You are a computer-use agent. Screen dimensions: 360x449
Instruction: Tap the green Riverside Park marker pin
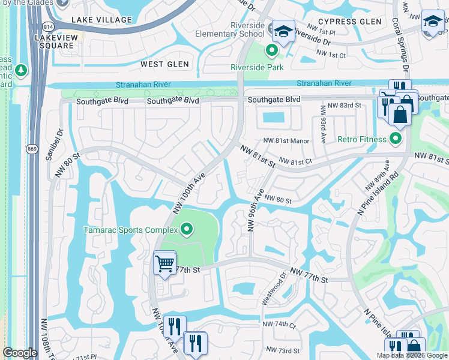pyautogui.click(x=272, y=51)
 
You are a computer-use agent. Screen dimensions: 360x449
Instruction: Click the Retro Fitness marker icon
pyautogui.click(x=395, y=140)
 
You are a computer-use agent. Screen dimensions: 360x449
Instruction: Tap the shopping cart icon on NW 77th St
pyautogui.click(x=164, y=263)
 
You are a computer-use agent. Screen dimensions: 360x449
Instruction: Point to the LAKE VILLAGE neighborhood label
pyautogui.click(x=101, y=20)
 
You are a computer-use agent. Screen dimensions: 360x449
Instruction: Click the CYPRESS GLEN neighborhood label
pyautogui.click(x=349, y=22)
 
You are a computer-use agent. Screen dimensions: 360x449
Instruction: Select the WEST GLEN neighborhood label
pyautogui.click(x=164, y=64)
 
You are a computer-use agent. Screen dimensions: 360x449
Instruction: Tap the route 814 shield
pyautogui.click(x=47, y=26)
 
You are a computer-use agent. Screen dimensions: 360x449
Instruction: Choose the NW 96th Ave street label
pyautogui.click(x=256, y=211)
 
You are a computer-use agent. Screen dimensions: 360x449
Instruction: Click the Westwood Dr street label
pyautogui.click(x=277, y=288)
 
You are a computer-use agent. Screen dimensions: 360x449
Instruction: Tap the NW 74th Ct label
pyautogui.click(x=280, y=325)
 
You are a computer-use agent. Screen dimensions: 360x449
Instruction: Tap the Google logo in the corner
pyautogui.click(x=20, y=353)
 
